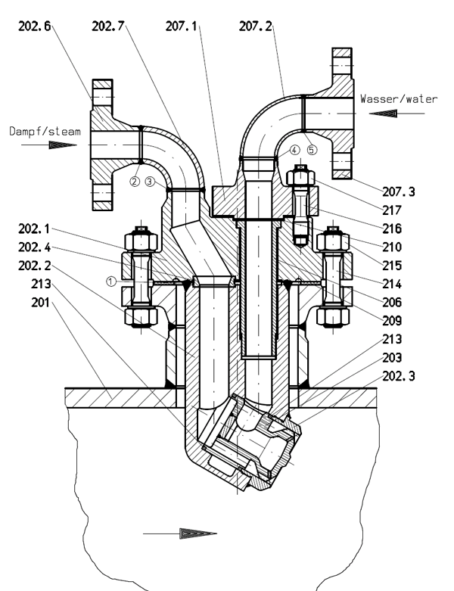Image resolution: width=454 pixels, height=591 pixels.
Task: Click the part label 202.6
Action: (36, 26)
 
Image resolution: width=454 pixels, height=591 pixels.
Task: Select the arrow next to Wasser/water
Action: (393, 113)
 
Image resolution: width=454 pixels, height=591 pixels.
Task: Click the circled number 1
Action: (110, 280)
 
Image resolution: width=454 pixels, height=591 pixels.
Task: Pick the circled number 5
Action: (312, 151)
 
